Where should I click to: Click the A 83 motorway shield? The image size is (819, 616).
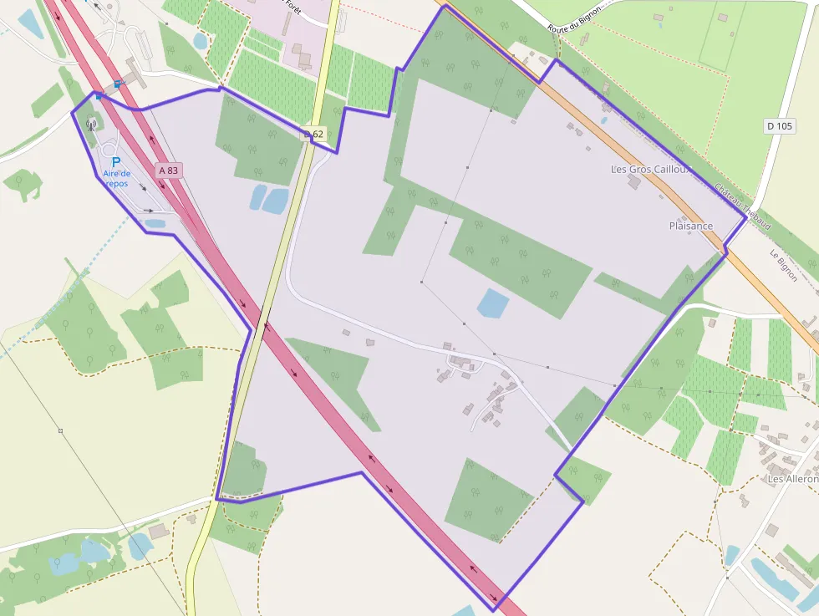click(x=168, y=171)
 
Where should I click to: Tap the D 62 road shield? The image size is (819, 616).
click(x=313, y=134)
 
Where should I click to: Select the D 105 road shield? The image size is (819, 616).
click(x=780, y=126)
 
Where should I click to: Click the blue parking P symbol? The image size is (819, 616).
click(x=116, y=162)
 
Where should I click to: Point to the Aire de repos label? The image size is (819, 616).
click(x=117, y=178)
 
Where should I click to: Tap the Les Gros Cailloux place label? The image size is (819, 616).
click(x=653, y=169)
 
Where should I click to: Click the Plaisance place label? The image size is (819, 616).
click(x=691, y=226)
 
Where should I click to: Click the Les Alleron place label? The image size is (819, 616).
click(x=792, y=479)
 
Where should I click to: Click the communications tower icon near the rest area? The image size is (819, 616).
click(x=91, y=125)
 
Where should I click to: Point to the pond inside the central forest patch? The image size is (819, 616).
click(x=492, y=303)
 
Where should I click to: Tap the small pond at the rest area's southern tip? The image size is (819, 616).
click(x=155, y=223)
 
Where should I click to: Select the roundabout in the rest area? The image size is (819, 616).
click(x=133, y=33)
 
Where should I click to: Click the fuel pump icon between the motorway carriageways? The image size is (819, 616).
click(x=118, y=84)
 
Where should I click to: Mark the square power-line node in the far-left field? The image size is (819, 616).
click(x=60, y=431)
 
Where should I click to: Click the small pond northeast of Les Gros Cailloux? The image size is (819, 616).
click(x=603, y=120)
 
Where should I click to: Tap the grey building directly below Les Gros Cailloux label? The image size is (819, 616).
click(x=635, y=182)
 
